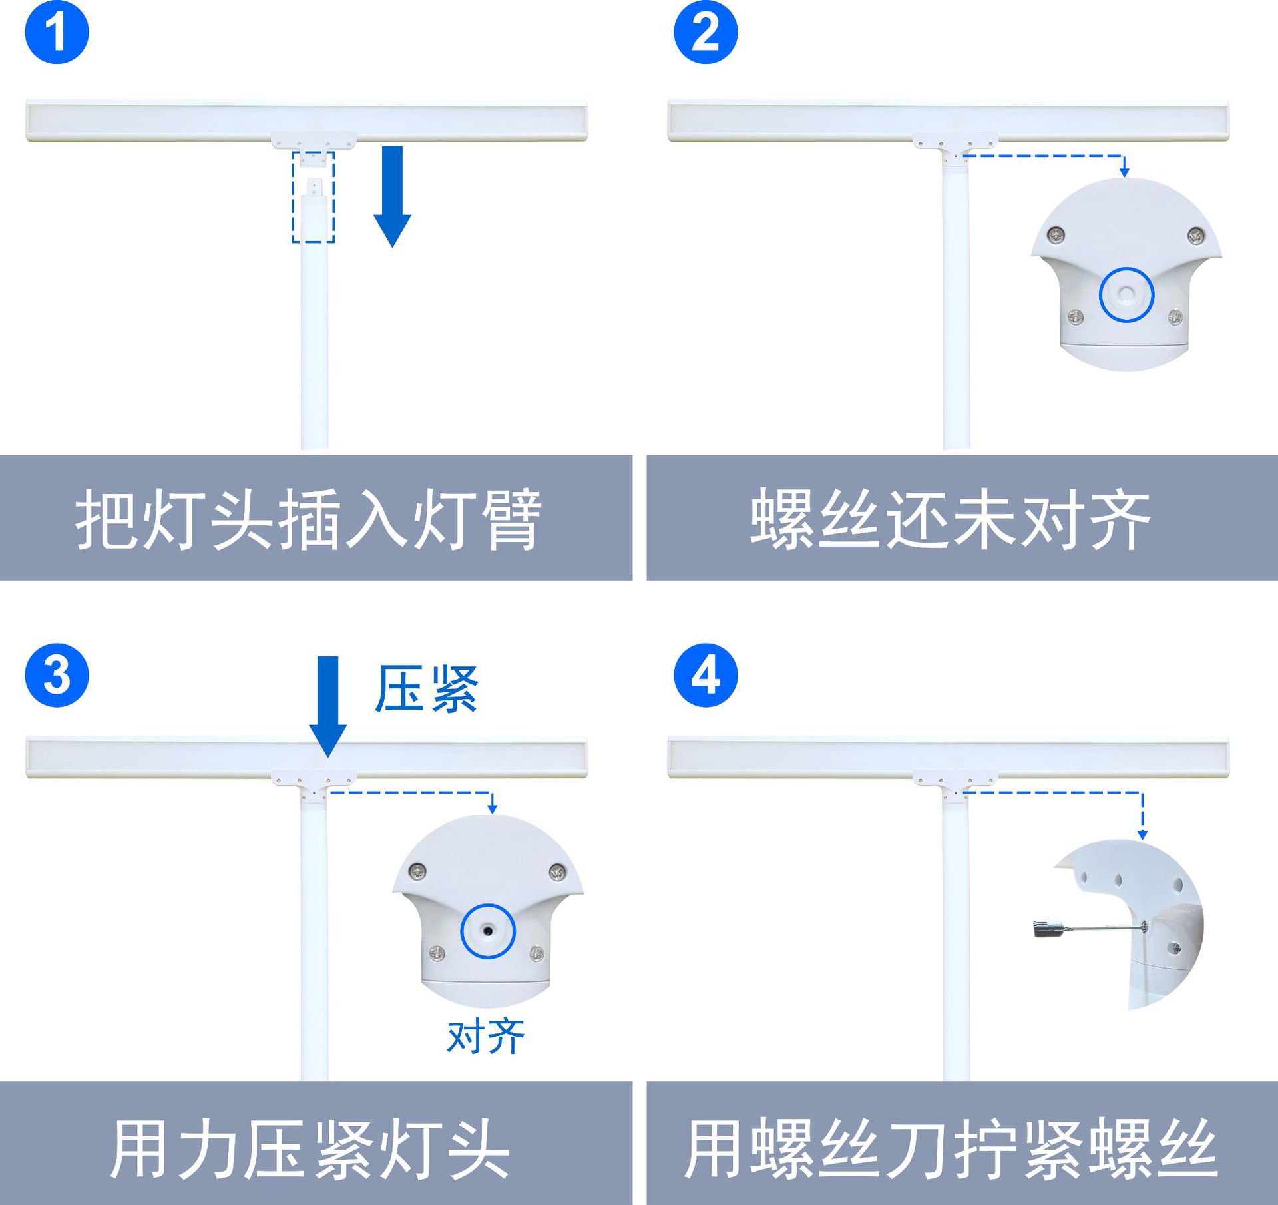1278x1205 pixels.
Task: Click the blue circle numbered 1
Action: pyautogui.click(x=57, y=32)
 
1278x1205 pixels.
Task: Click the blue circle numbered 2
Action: pyautogui.click(x=706, y=32)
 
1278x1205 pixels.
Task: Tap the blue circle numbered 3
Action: pyautogui.click(x=57, y=675)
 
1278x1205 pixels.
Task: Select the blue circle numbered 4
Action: pyautogui.click(x=706, y=675)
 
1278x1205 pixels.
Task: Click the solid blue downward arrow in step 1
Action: pyautogui.click(x=392, y=196)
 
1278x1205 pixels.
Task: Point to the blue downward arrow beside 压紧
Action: pyautogui.click(x=327, y=706)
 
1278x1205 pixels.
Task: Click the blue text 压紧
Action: pyautogui.click(x=426, y=689)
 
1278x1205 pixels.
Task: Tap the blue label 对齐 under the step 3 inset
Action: pyautogui.click(x=486, y=1037)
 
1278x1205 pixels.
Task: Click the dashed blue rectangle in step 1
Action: pyautogui.click(x=313, y=197)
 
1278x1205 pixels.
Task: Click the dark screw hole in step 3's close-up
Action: pyautogui.click(x=488, y=931)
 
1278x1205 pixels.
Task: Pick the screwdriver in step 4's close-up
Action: pyautogui.click(x=1085, y=927)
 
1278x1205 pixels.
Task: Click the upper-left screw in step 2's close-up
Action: pyautogui.click(x=1056, y=234)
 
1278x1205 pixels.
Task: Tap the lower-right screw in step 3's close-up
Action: pyautogui.click(x=536, y=954)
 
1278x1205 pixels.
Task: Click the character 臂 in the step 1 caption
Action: pyautogui.click(x=511, y=519)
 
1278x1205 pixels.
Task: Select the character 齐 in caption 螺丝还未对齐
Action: pyautogui.click(x=1120, y=519)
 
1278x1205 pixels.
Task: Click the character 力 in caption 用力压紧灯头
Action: pyautogui.click(x=208, y=1150)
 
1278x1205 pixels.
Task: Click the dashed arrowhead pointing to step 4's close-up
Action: pyautogui.click(x=1142, y=834)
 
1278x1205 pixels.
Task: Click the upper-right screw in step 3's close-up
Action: pyautogui.click(x=557, y=871)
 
